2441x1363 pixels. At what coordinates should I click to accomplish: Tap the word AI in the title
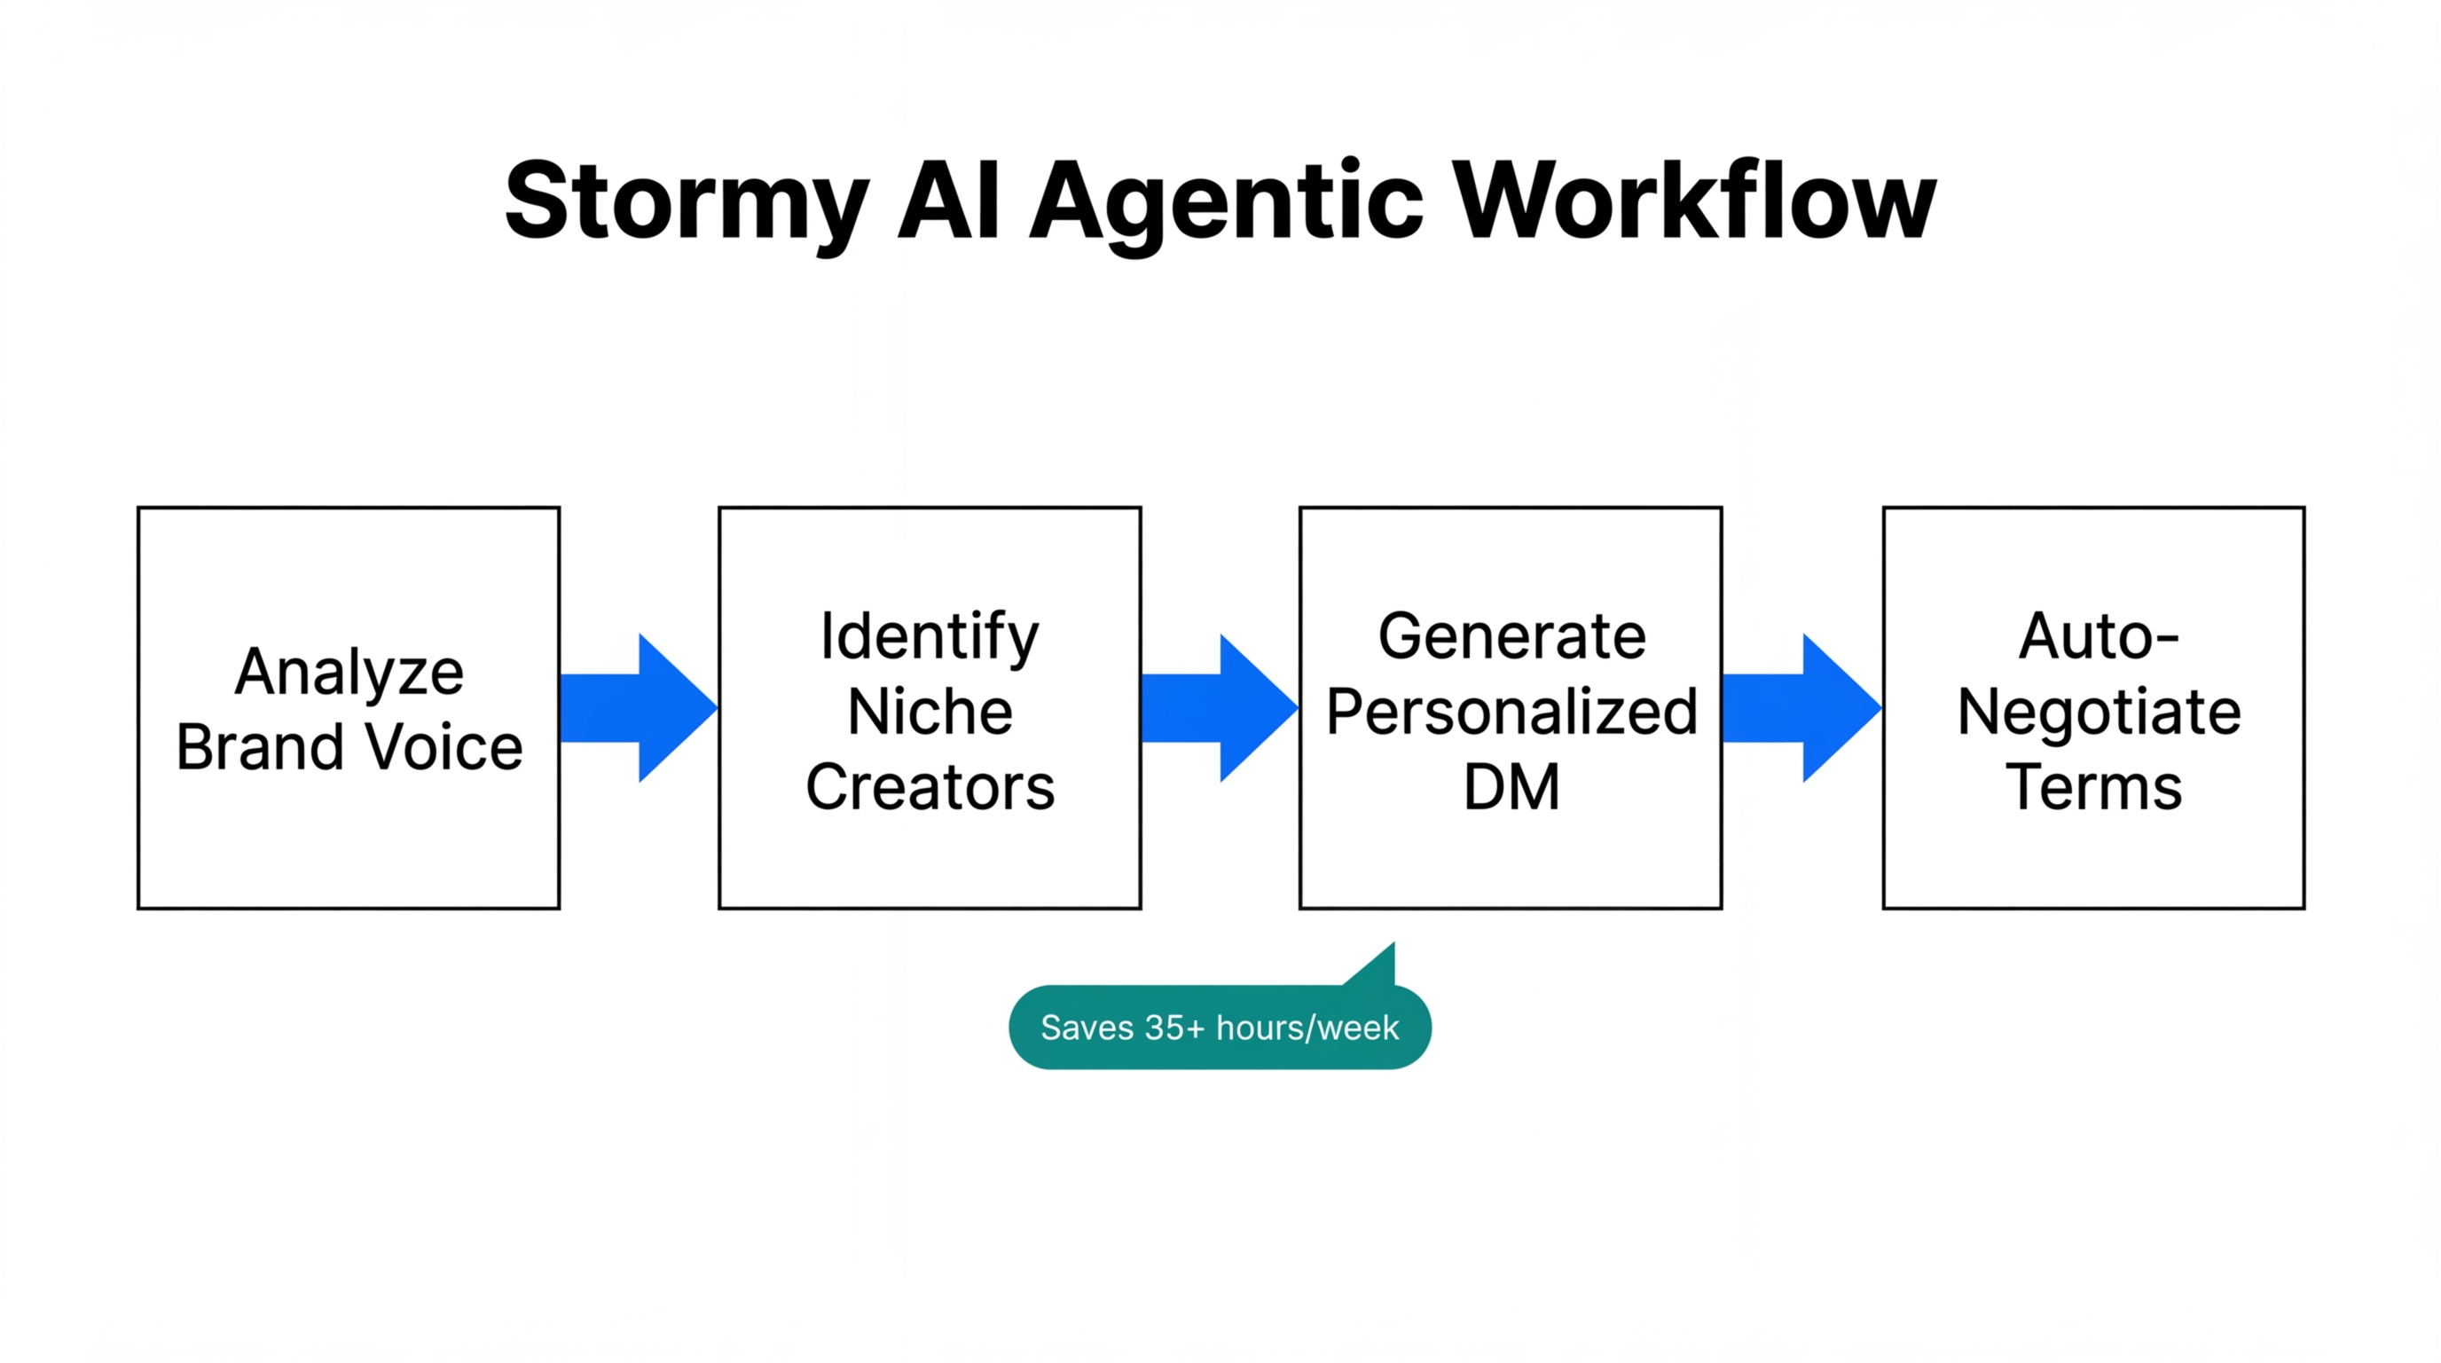tap(948, 201)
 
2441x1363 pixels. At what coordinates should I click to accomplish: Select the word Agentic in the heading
tap(1226, 201)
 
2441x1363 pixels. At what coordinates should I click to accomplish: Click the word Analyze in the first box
tap(349, 672)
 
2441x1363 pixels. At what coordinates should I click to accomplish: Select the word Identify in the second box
tap(930, 636)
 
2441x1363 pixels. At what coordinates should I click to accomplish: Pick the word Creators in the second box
tap(930, 787)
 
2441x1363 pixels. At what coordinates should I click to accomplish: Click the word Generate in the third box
tap(1511, 636)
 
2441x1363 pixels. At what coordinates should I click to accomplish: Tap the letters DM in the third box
tap(1511, 787)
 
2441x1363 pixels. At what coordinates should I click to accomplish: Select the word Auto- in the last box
tap(2098, 636)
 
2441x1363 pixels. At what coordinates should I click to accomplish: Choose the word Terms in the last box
tap(2093, 787)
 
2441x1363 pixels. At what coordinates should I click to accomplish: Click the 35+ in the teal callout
tap(1174, 1028)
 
